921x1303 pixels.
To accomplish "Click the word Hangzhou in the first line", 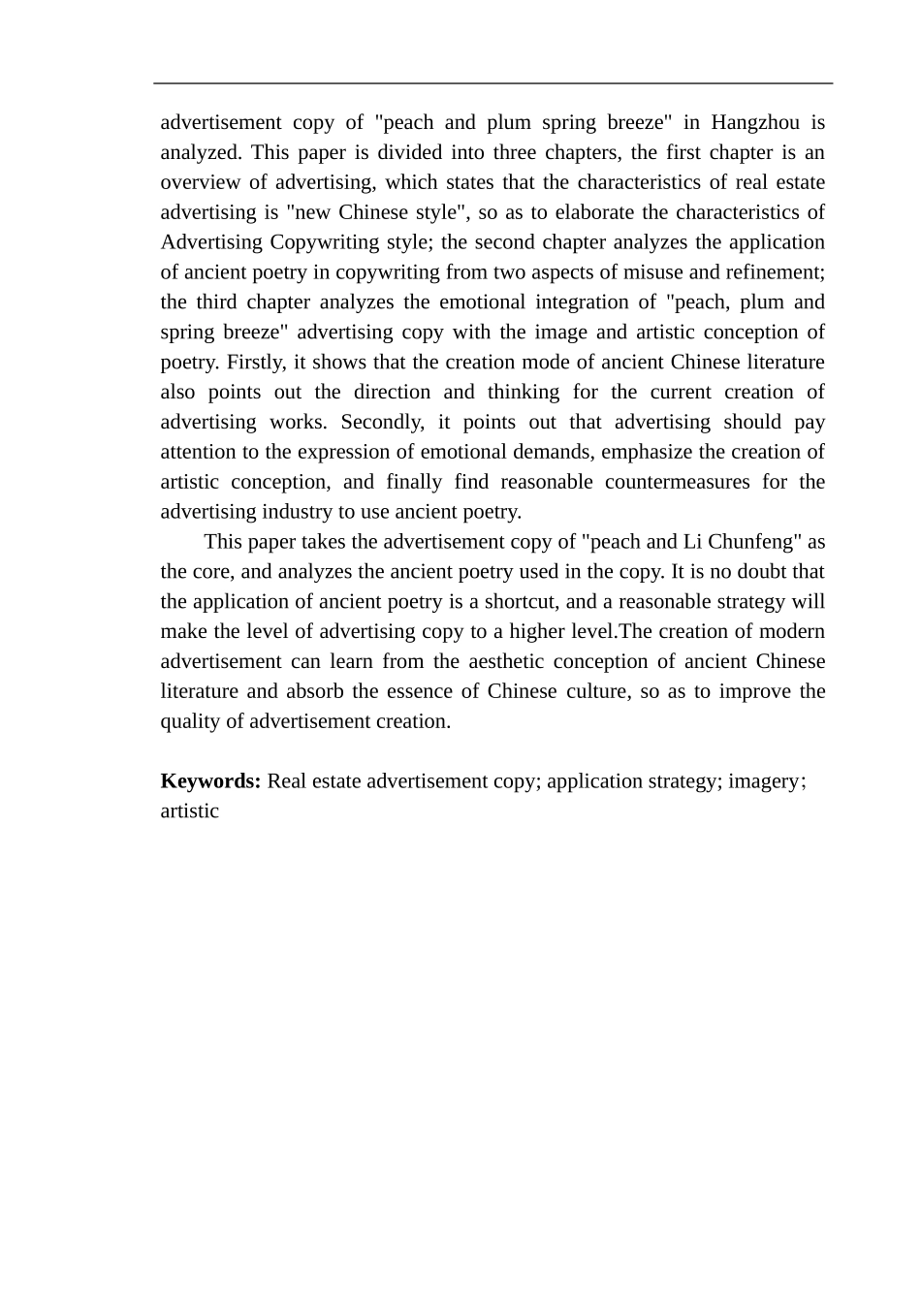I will (x=755, y=122).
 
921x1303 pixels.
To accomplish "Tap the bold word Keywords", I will (x=210, y=781).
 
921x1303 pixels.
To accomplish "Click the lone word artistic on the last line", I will (x=189, y=811).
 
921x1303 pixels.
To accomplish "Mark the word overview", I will (x=200, y=182).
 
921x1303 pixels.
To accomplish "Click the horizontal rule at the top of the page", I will (x=492, y=84).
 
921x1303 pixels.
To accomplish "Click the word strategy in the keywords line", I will (x=683, y=781).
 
